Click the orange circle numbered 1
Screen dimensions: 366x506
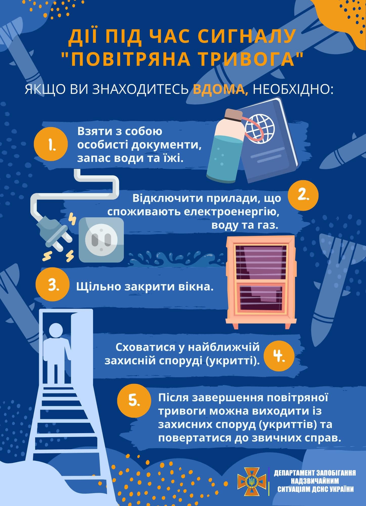pyautogui.click(x=51, y=145)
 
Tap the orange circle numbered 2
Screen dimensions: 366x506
pyautogui.click(x=303, y=196)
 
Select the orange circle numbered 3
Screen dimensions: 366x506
pyautogui.click(x=52, y=286)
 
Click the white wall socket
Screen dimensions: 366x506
pyautogui.click(x=101, y=240)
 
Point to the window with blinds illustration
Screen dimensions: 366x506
pyautogui.click(x=261, y=282)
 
